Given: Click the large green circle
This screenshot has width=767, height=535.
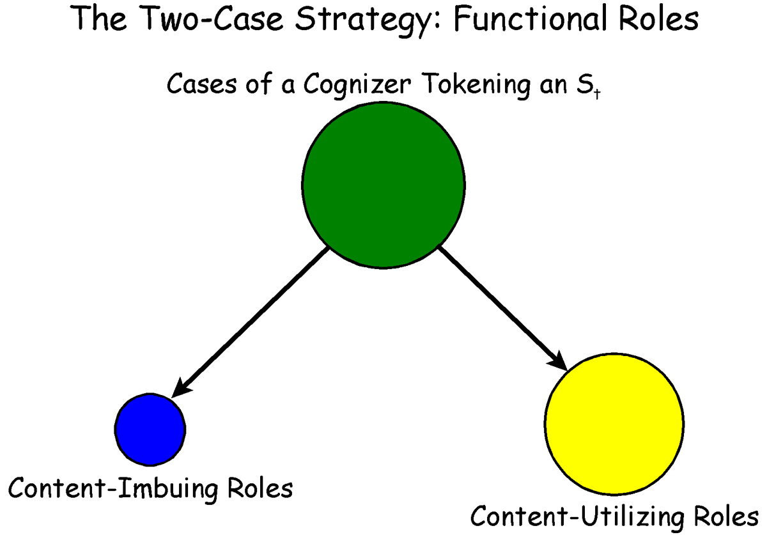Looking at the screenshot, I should point(383,185).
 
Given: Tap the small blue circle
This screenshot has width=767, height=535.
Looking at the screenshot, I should point(150,428).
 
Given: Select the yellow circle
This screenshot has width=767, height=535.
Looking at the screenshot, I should point(614,423).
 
